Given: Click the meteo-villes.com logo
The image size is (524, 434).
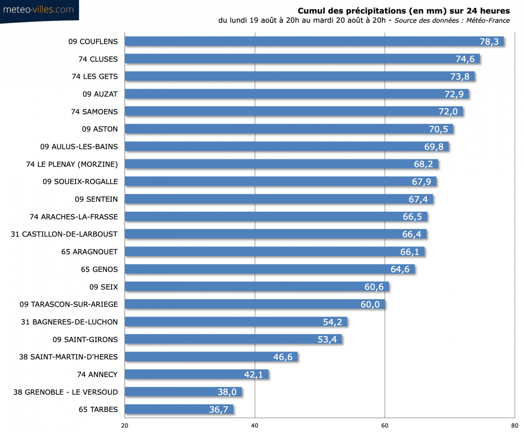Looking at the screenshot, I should point(38,10).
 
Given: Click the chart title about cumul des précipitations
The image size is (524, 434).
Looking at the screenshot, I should point(403,11).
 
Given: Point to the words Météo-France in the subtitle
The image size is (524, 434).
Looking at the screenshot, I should point(487,21).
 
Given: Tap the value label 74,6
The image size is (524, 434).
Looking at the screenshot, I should point(465,59).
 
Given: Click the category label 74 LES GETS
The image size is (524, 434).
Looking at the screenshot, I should point(95,77).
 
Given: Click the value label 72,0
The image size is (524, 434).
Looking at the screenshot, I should point(448,112).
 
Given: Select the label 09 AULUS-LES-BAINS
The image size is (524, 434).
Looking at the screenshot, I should point(79,147).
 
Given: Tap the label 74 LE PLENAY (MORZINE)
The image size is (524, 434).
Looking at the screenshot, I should point(72,164).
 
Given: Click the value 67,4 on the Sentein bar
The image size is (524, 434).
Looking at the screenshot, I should point(418,199).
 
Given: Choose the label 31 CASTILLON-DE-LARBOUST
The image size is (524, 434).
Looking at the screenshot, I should point(64,234).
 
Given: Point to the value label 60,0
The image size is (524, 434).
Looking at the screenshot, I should point(370,305).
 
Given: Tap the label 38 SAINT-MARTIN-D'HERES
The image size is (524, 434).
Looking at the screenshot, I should point(68,357).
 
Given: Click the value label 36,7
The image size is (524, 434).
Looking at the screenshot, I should point(219,409).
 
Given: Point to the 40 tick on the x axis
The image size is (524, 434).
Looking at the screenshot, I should point(255,426).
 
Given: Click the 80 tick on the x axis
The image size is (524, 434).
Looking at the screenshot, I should point(515,426).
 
